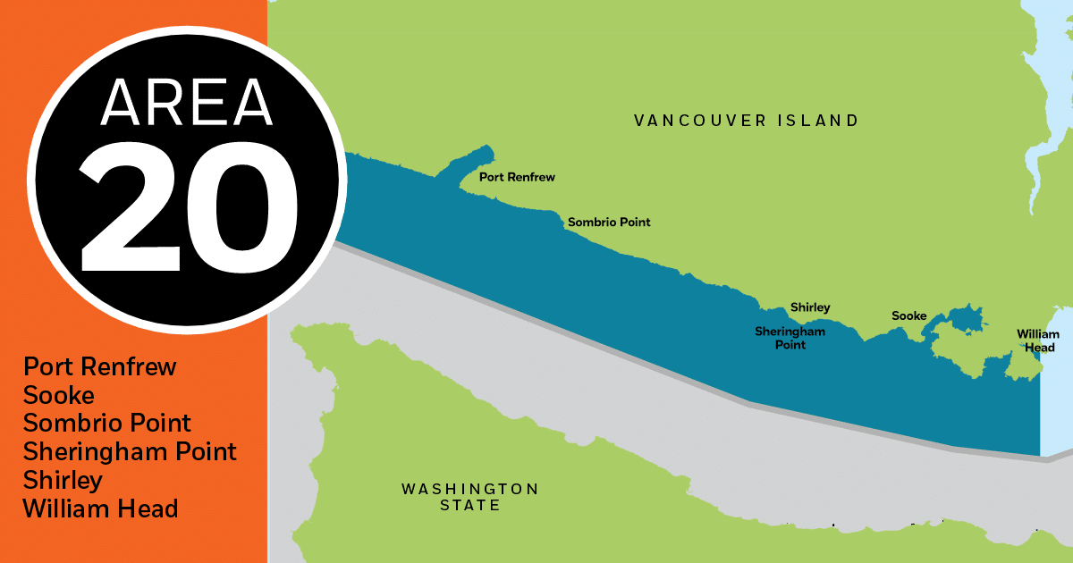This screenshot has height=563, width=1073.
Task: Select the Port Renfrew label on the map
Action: [x=517, y=177]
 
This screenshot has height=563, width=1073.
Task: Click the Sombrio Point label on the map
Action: [x=609, y=222]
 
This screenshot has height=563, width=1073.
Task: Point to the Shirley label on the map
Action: [x=810, y=307]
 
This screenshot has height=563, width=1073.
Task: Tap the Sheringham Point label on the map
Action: [x=790, y=338]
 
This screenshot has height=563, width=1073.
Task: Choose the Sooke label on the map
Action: [x=908, y=315]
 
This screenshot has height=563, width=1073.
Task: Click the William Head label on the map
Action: [x=1037, y=340]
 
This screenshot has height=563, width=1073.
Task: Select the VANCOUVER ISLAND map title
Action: [x=746, y=120]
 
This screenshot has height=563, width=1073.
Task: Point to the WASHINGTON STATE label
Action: [x=469, y=497]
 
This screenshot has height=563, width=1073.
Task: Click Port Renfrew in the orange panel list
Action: [x=100, y=366]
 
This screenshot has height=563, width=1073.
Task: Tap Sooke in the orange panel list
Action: [x=59, y=395]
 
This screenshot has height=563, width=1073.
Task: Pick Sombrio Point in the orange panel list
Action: [x=107, y=423]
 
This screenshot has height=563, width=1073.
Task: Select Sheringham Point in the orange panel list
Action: [x=130, y=451]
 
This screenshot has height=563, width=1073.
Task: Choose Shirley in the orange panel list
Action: [x=63, y=480]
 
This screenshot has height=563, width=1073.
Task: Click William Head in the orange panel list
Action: [x=100, y=508]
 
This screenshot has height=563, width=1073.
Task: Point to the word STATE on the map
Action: [x=469, y=506]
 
